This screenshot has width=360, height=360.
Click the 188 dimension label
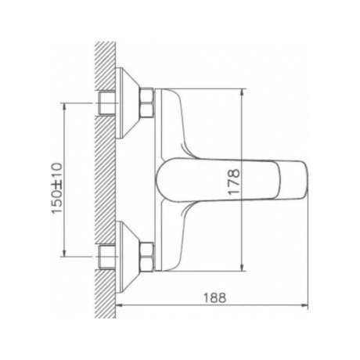point(214,298)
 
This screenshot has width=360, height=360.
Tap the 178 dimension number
point(233,182)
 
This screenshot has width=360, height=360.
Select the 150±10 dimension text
point(57,189)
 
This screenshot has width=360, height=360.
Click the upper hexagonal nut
point(147,103)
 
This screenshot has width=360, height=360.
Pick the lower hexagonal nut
point(147,257)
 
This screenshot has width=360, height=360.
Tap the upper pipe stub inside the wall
point(107,103)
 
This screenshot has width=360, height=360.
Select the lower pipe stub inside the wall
point(107,257)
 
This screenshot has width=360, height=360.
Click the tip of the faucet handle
point(308,180)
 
